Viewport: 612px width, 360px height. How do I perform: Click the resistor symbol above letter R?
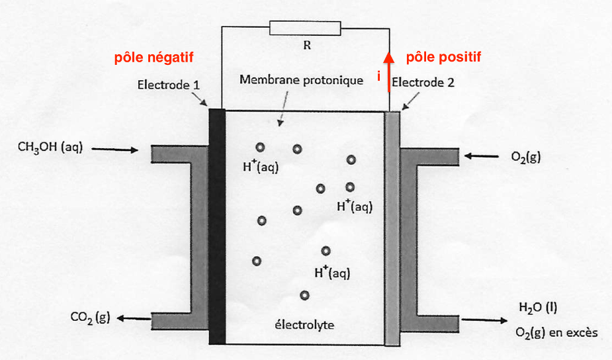point(305,28)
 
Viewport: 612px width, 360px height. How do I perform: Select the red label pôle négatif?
point(154,58)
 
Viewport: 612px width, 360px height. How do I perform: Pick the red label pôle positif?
point(443,58)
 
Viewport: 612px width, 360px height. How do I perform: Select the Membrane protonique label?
point(302,81)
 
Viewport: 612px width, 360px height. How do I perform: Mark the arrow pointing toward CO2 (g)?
point(134,320)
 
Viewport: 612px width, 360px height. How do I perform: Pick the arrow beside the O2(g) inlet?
point(481,157)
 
